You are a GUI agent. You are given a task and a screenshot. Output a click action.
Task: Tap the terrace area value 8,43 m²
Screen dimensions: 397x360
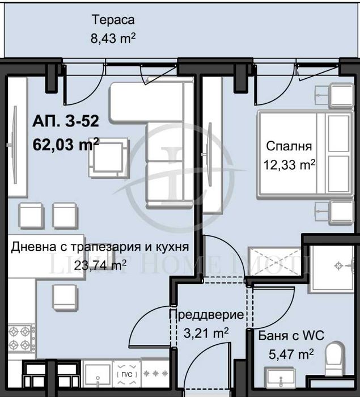click(113, 39)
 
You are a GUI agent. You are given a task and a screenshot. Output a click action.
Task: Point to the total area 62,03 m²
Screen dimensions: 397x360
click(66, 143)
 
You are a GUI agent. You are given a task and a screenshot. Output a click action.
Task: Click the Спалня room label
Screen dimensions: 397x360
click(289, 146)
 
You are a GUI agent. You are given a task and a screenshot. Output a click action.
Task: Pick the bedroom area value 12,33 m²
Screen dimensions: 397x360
click(289, 164)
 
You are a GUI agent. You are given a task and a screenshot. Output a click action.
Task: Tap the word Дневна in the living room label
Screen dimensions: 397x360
click(33, 247)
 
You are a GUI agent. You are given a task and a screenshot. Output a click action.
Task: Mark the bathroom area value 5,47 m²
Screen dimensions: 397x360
click(290, 354)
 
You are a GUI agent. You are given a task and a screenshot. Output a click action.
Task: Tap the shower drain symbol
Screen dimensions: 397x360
click(338, 264)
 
